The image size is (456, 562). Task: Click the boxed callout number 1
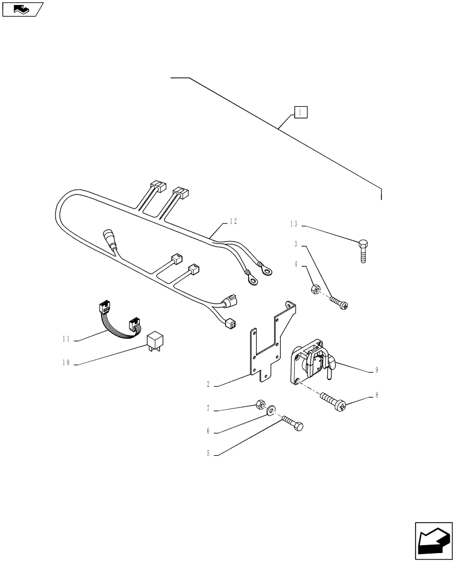[300, 112]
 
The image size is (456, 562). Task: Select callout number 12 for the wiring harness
[232, 221]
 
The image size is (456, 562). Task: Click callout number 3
[295, 244]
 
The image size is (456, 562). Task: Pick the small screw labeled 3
[338, 303]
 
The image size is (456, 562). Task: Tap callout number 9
[377, 370]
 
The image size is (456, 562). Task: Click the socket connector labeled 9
[310, 364]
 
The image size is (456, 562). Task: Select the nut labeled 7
[260, 405]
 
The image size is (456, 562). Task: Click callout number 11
[66, 339]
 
